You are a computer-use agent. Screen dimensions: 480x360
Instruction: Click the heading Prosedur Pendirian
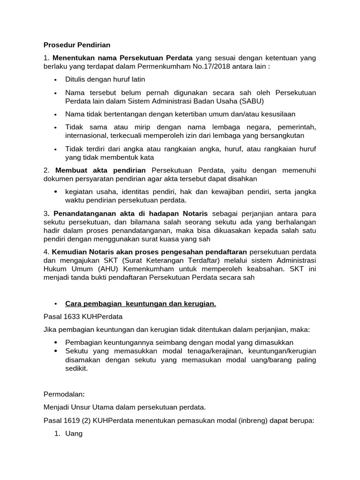tap(77, 45)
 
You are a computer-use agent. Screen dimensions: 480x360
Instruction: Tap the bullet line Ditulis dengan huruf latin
tap(105, 79)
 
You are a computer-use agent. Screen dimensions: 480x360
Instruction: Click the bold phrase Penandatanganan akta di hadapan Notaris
tap(130, 213)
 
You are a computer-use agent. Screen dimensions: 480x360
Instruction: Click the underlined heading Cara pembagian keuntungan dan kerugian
tap(140, 304)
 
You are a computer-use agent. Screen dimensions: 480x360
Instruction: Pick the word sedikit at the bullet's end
tap(76, 368)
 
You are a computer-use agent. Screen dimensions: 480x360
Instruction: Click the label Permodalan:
tap(63, 394)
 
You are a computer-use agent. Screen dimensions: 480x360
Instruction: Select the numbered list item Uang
tap(74, 434)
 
